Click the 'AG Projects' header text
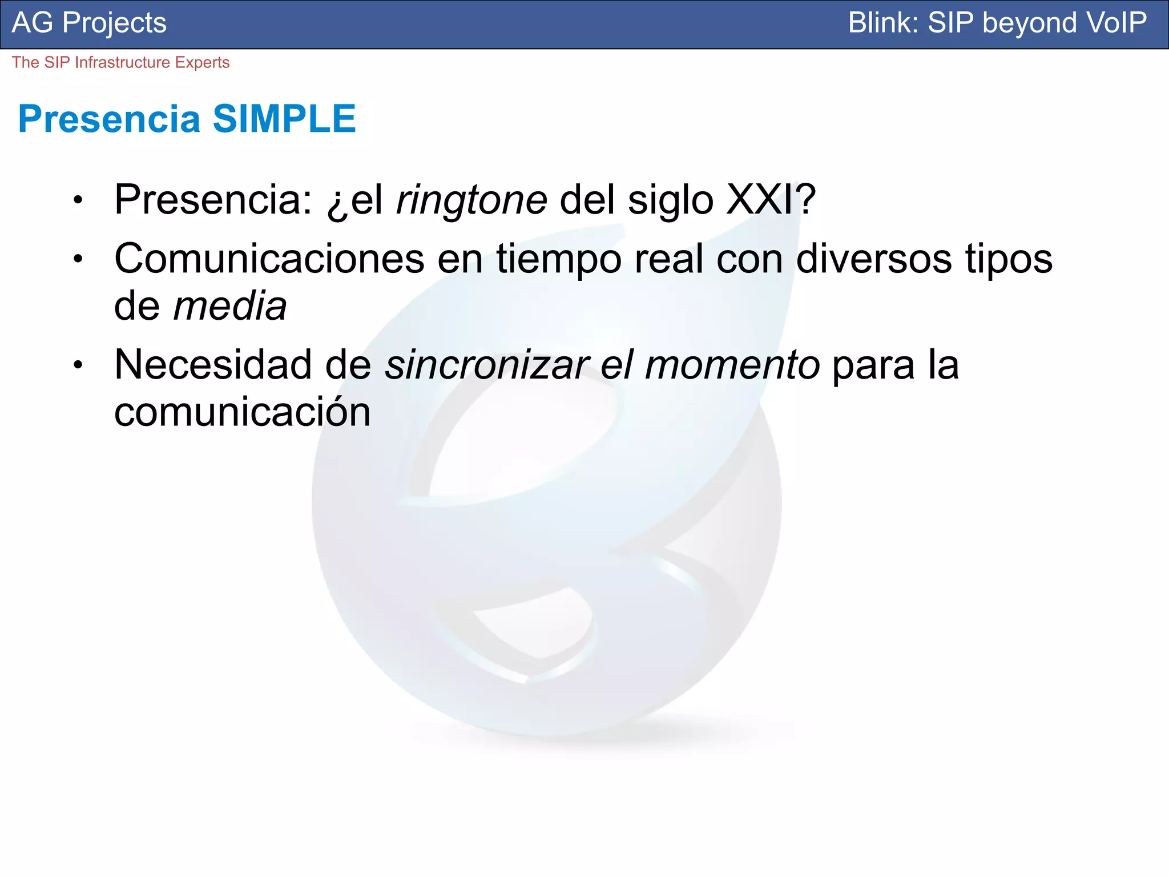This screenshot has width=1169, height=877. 89,23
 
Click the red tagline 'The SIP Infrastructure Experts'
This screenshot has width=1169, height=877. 120,62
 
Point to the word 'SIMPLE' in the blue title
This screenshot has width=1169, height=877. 284,119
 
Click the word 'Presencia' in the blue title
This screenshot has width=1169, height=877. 109,119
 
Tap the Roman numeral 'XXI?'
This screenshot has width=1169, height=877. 771,200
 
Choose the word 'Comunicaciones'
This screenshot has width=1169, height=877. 269,259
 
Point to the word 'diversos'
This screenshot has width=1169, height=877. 874,259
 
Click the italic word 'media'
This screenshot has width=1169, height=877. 229,307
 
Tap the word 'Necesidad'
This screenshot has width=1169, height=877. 213,365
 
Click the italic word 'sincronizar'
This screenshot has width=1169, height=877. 487,365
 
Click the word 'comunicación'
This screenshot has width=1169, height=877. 242,412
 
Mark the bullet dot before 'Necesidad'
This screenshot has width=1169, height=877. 78,365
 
